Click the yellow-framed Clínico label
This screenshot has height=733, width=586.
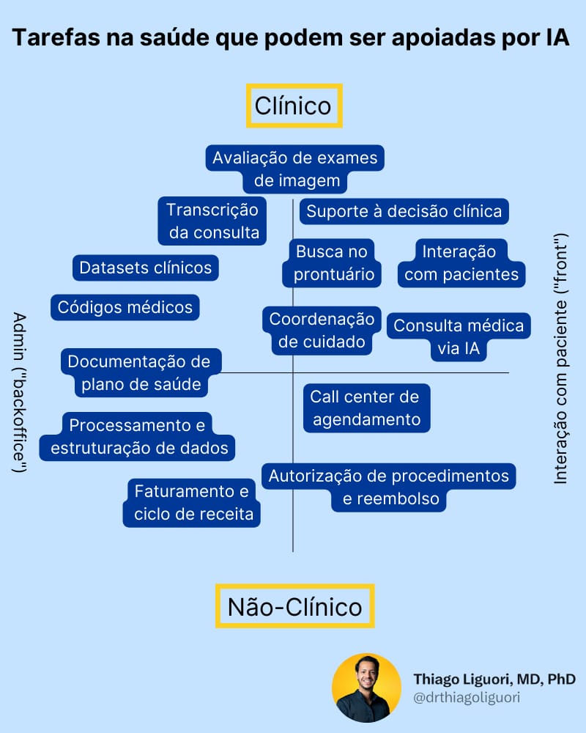pos(294,106)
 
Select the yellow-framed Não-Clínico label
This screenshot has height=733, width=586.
pos(294,606)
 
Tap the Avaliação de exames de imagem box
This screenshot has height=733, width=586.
pos(295,169)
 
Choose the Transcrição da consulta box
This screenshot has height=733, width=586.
pos(212,221)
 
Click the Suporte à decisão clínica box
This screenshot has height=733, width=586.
pos(404,212)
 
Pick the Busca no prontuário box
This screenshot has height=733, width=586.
pos(331,263)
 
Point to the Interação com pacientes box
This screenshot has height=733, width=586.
pos(461,263)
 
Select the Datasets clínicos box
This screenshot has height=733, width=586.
pos(145,268)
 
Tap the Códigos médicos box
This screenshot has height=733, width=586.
pos(125,307)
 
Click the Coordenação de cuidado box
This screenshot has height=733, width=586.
pos(322,330)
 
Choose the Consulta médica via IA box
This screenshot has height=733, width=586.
pos(459,337)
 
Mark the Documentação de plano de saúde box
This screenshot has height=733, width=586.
pos(139,372)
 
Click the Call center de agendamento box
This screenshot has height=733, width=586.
pos(366,408)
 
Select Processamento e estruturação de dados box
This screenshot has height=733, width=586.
pos(138,435)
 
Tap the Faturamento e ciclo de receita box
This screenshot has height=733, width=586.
pos(193,502)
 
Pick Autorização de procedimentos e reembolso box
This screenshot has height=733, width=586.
pos(388,487)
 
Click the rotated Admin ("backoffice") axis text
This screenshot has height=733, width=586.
pos(20,392)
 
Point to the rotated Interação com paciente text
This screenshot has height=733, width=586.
pos(560,359)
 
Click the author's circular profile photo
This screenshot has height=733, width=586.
pos(366,687)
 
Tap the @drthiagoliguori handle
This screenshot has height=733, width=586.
pos(467,698)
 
